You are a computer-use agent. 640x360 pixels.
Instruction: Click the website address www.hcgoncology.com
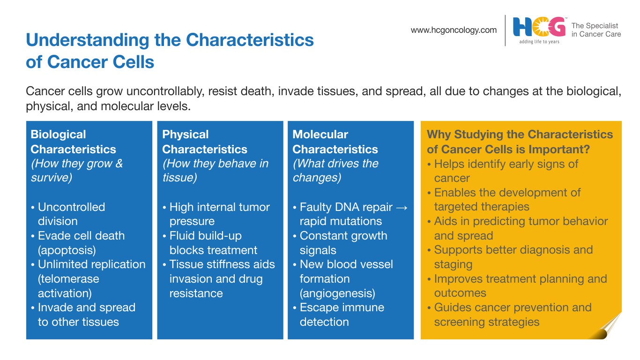pyautogui.click(x=454, y=30)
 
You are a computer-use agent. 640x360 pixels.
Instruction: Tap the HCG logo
pyautogui.click(x=539, y=27)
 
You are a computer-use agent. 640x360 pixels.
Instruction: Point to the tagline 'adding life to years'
pyautogui.click(x=539, y=42)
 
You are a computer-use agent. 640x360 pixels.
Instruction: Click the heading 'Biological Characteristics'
pyautogui.click(x=73, y=142)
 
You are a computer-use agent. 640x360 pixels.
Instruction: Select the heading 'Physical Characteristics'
pyautogui.click(x=205, y=142)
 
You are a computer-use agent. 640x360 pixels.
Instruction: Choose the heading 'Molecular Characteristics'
pyautogui.click(x=335, y=142)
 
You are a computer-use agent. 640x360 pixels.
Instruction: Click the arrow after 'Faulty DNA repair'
pyautogui.click(x=402, y=208)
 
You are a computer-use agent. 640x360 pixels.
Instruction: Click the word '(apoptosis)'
pyautogui.click(x=67, y=250)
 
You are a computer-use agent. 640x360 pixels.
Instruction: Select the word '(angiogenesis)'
pyautogui.click(x=337, y=293)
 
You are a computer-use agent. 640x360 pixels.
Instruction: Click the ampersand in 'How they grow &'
pyautogui.click(x=119, y=164)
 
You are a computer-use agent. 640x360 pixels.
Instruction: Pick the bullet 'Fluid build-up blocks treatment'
pyautogui.click(x=210, y=243)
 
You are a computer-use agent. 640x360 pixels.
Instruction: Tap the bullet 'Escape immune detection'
pyautogui.click(x=339, y=315)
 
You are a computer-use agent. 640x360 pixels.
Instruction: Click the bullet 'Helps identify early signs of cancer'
pyautogui.click(x=503, y=171)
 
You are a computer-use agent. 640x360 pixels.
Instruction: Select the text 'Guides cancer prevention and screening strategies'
pyautogui.click(x=509, y=315)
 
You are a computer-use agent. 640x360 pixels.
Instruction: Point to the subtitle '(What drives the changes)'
pyautogui.click(x=335, y=171)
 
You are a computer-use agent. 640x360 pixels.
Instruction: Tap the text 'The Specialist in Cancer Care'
pyautogui.click(x=596, y=30)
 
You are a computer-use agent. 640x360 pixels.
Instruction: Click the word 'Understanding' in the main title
pyautogui.click(x=88, y=40)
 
